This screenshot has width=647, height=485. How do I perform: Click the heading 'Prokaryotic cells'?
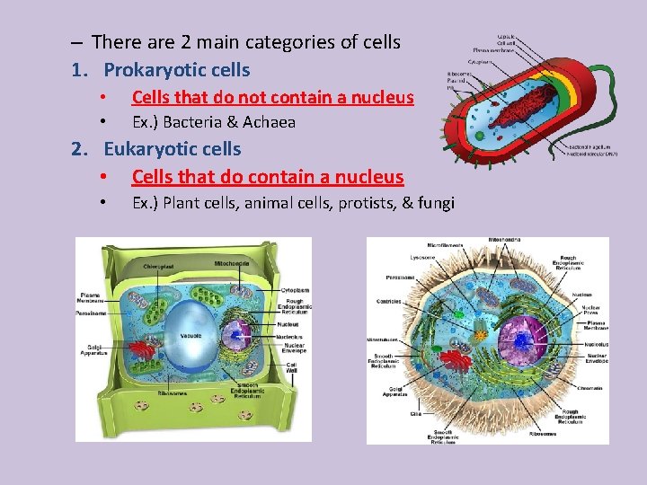coord(176,69)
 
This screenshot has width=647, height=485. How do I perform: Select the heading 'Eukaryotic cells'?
coord(173,148)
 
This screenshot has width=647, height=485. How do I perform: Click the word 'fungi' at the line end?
coord(435,203)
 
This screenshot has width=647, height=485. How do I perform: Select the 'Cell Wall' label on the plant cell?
coord(291,368)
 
